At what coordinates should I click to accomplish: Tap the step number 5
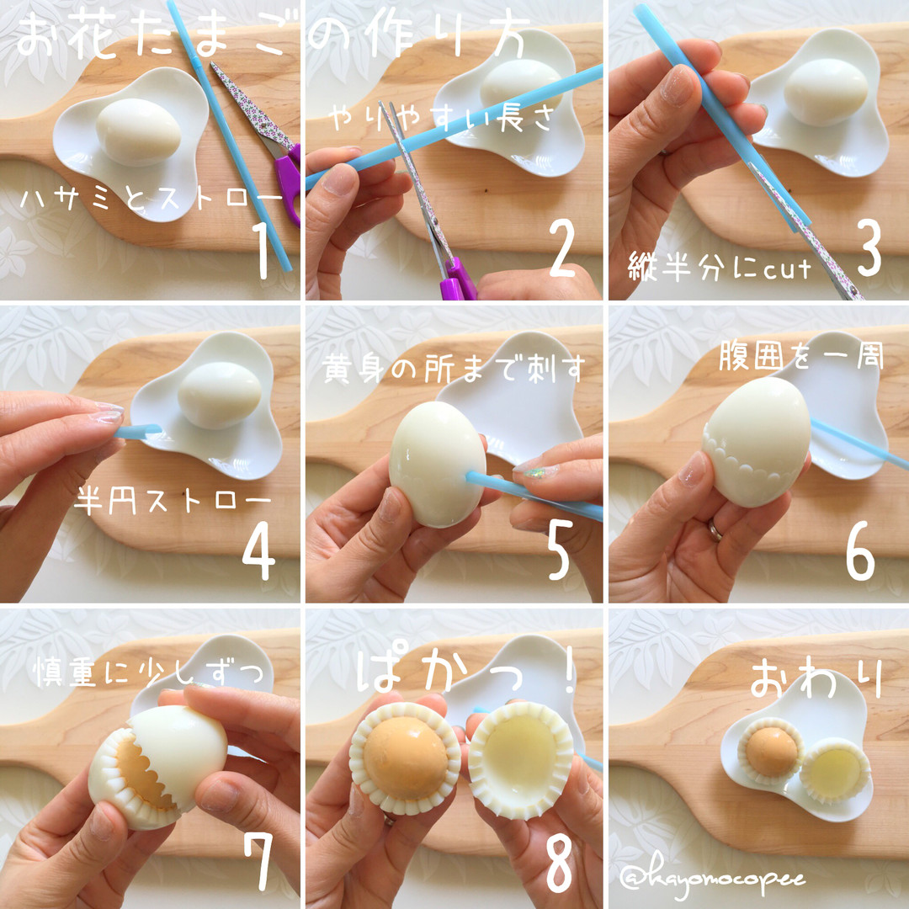[x=560, y=550]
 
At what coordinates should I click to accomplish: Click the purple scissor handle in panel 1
[x=288, y=182]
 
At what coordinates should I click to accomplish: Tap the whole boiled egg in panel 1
[x=138, y=131]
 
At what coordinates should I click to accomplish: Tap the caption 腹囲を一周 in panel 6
[x=801, y=355]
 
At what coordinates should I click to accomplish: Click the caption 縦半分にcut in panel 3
[x=720, y=269]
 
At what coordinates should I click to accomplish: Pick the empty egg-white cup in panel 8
[x=521, y=761]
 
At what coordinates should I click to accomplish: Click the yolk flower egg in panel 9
[x=771, y=752]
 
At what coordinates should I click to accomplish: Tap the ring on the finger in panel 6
[x=715, y=530]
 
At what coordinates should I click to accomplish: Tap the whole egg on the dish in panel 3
[x=826, y=92]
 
